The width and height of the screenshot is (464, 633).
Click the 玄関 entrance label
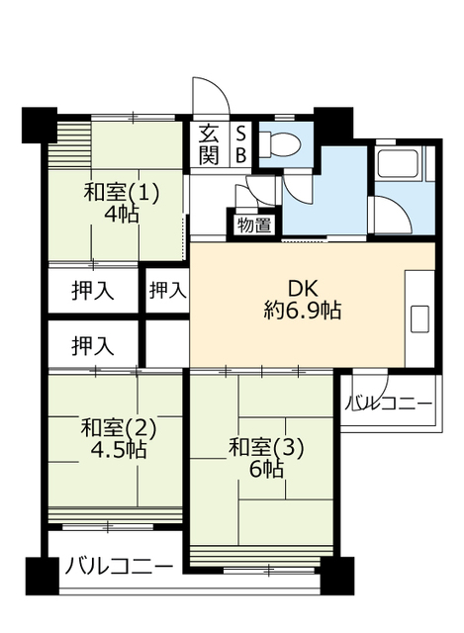pyautogui.click(x=209, y=144)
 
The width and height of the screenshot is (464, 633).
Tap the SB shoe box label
pyautogui.click(x=240, y=144)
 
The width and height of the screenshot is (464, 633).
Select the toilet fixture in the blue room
pyautogui.click(x=279, y=144)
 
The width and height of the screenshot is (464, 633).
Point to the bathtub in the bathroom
pyautogui.click(x=398, y=162)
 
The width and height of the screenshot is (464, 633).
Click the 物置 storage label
pyautogui.click(x=254, y=225)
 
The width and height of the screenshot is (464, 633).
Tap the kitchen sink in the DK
pyautogui.click(x=419, y=318)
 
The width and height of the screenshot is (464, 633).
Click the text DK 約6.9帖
pyautogui.click(x=303, y=300)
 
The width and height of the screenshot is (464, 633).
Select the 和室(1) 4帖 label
pyautogui.click(x=122, y=203)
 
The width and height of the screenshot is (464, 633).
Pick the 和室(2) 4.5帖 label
pyautogui.click(x=119, y=438)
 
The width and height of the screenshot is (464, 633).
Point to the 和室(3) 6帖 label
pyautogui.click(x=266, y=458)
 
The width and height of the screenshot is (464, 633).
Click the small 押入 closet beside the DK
pyautogui.click(x=167, y=290)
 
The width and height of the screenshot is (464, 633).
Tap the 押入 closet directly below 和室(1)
pyautogui.click(x=93, y=290)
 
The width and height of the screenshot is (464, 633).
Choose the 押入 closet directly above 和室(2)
pyautogui.click(x=93, y=346)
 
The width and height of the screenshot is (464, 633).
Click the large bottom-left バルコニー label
pyautogui.click(x=119, y=567)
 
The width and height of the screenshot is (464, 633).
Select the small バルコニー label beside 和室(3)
pyautogui.click(x=389, y=403)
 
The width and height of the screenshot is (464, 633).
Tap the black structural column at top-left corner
pyautogui.click(x=40, y=125)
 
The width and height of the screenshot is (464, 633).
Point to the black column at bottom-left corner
pyautogui.click(x=42, y=576)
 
